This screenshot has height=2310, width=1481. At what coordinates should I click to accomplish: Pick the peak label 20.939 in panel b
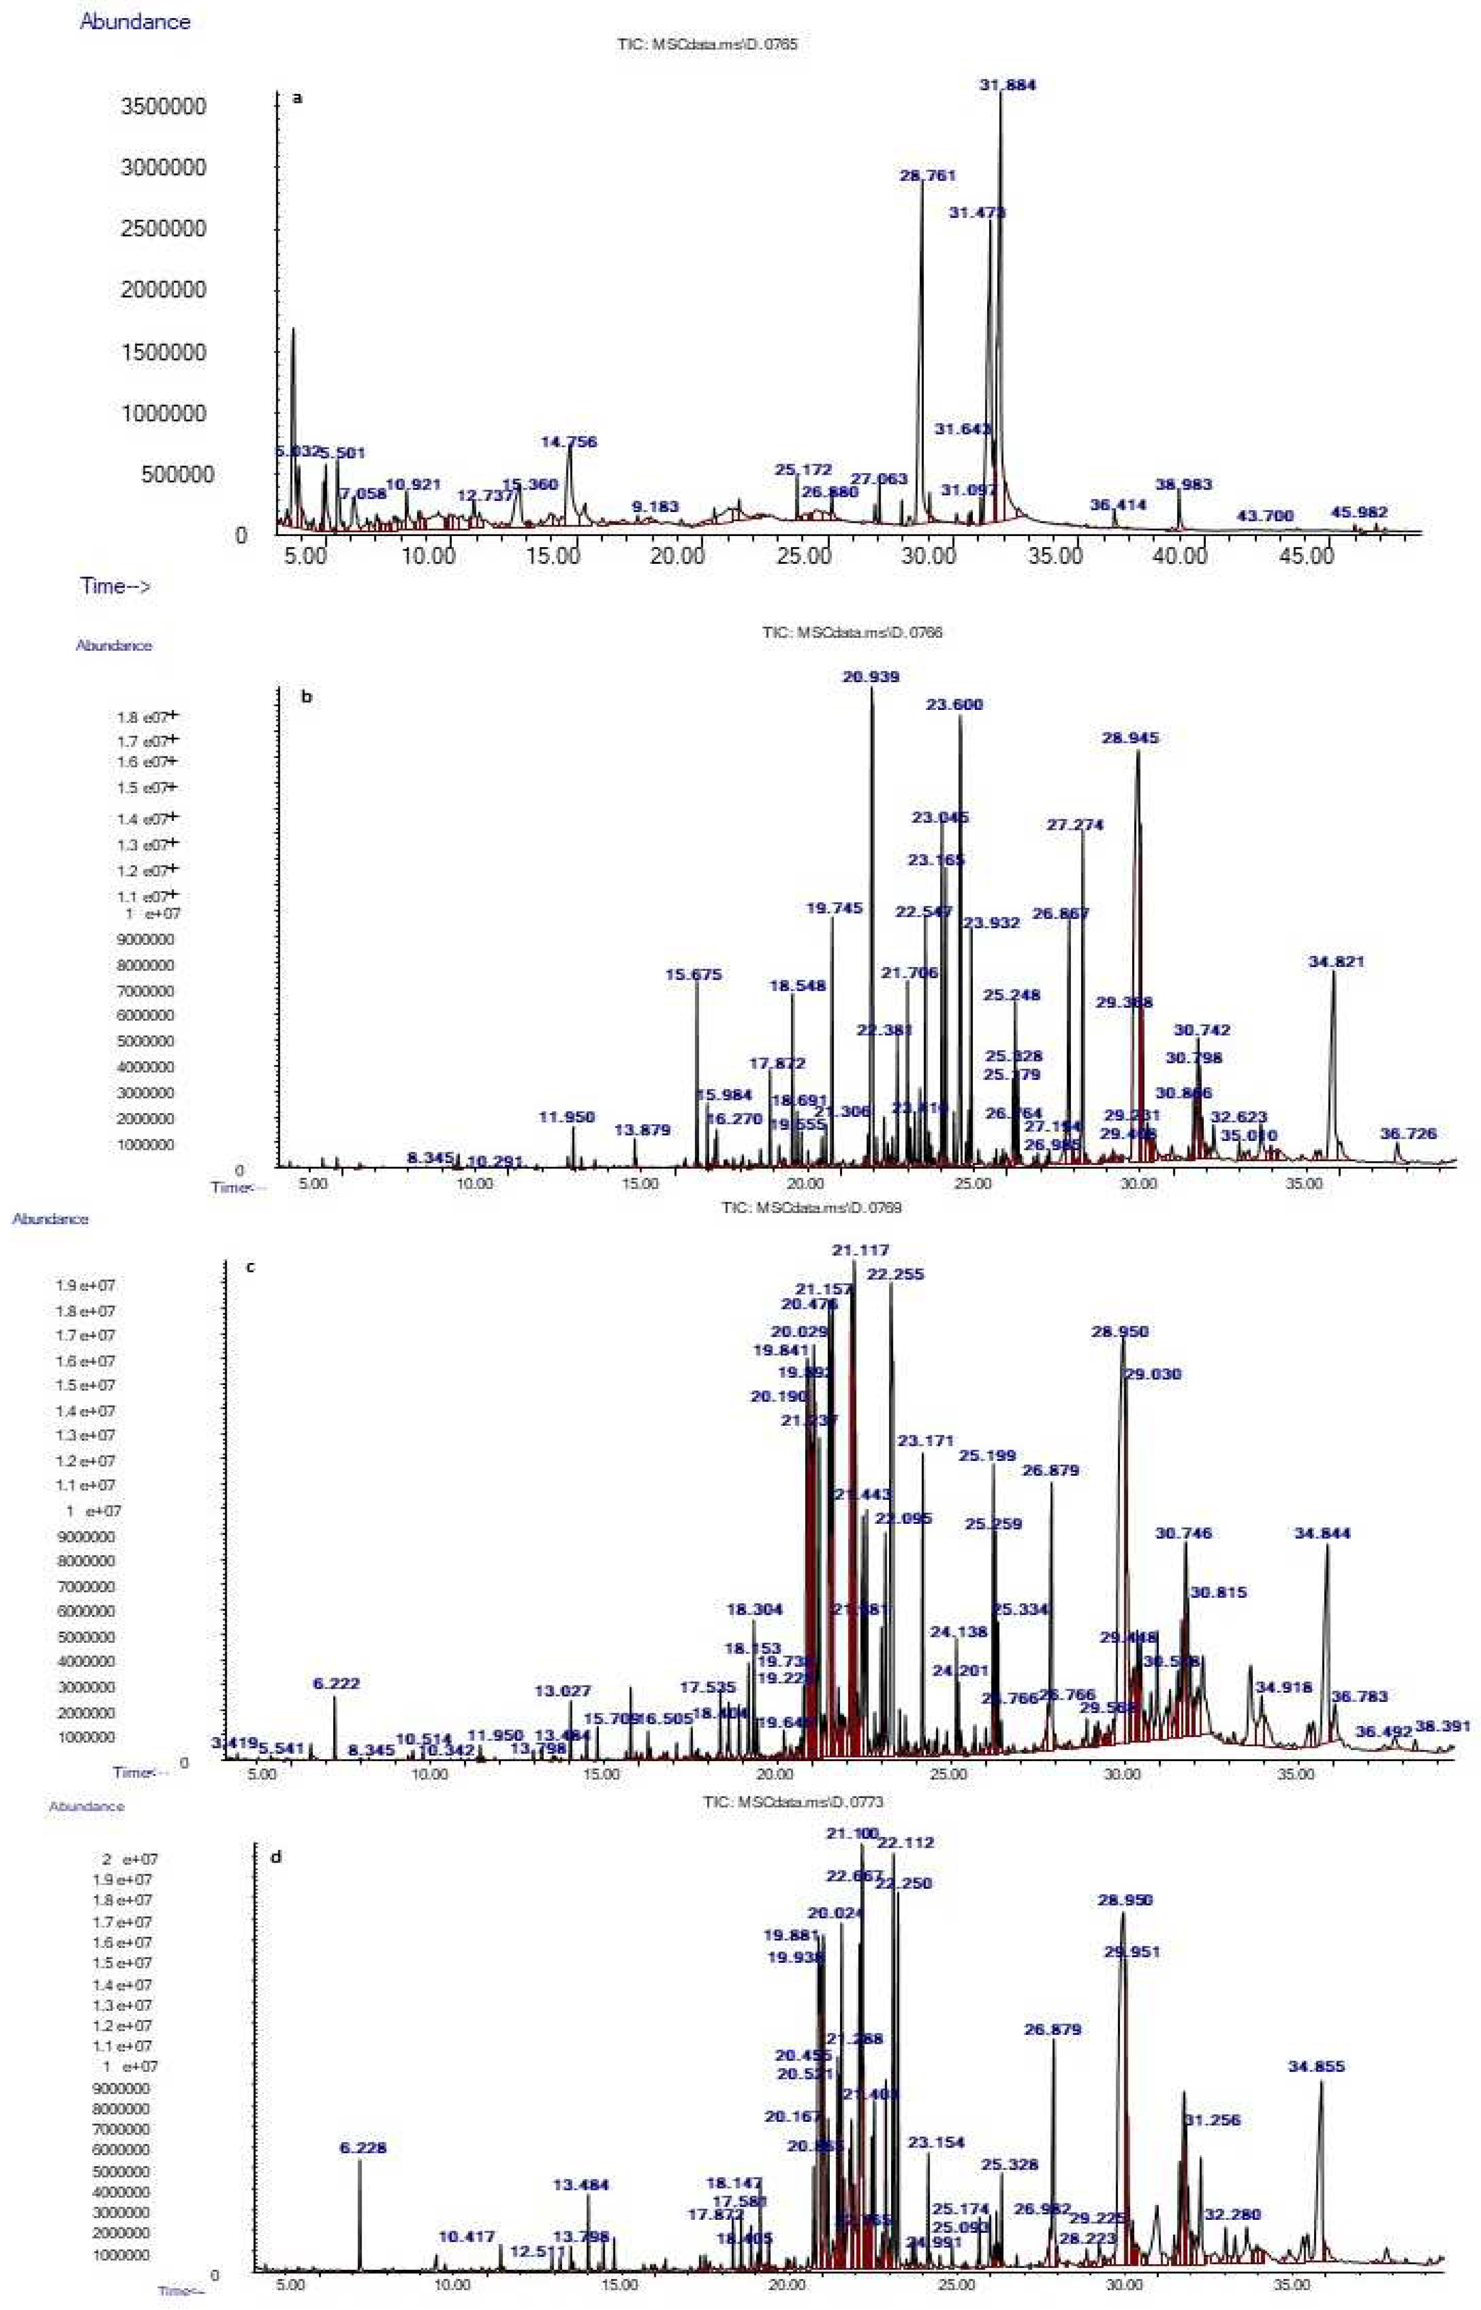pyautogui.click(x=871, y=677)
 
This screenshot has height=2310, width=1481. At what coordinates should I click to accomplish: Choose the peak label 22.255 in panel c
pyautogui.click(x=895, y=1274)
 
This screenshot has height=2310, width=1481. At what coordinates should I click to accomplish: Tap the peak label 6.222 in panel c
pyautogui.click(x=337, y=1602)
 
